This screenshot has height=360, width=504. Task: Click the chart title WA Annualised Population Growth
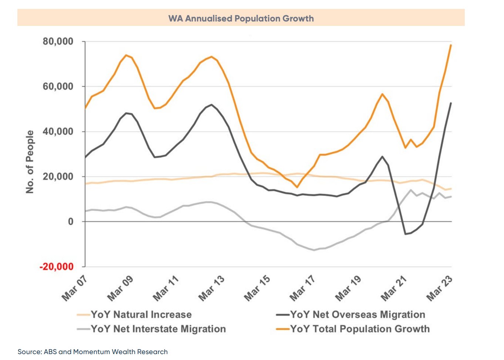pos(241,19)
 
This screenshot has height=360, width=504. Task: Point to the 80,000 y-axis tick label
pos(58,41)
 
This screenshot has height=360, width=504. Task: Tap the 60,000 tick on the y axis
pos(58,87)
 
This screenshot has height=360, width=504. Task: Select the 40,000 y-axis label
pos(58,132)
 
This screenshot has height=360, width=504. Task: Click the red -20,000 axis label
pos(56,267)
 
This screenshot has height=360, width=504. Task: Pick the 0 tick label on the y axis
pos(70,222)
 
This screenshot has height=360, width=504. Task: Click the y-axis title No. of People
pos(30,161)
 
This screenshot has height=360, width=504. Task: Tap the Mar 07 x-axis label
pos(74,288)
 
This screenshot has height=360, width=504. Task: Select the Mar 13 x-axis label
pos(211,288)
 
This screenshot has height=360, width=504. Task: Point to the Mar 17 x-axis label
pos(302,288)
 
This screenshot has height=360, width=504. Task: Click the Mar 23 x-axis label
pos(439,288)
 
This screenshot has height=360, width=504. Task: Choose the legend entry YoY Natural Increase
pos(141,315)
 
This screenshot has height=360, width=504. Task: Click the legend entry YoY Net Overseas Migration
pos(357,315)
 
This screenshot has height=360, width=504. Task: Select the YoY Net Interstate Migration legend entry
pos(158,329)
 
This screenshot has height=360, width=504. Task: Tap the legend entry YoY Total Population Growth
pos(360,329)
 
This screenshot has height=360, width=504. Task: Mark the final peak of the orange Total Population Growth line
pos(451,45)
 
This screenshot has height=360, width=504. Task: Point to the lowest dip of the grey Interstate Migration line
pos(314,250)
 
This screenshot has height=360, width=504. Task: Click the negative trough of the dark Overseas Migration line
pos(406,234)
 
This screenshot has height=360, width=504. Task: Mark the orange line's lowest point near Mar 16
pos(297,187)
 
